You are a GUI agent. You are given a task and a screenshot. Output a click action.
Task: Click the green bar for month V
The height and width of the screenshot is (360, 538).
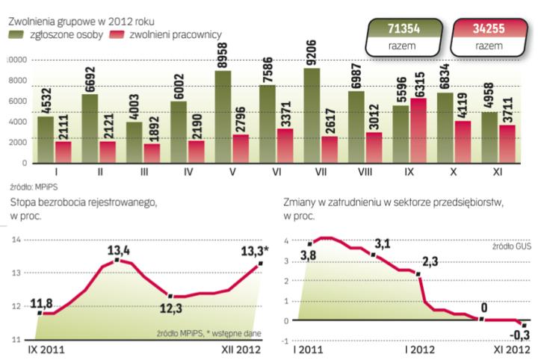[223, 117]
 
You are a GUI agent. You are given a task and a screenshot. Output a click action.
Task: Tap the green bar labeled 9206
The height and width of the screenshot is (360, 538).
[312, 116]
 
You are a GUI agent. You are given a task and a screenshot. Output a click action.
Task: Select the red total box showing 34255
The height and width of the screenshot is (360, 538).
[488, 36]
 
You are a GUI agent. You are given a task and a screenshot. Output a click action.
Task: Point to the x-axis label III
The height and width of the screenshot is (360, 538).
[143, 172]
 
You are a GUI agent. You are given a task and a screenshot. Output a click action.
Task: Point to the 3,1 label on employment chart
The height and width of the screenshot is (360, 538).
[382, 243]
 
